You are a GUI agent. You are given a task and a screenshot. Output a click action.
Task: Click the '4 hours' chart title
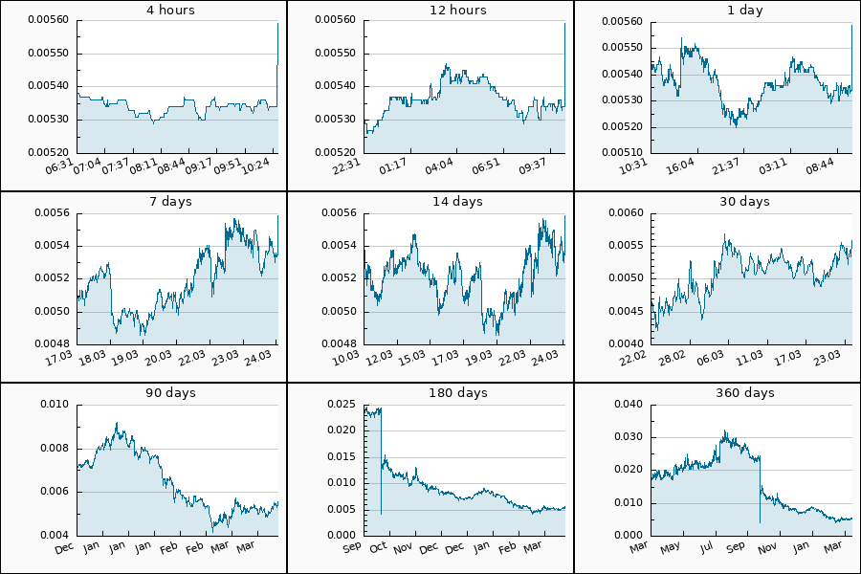click(x=143, y=11)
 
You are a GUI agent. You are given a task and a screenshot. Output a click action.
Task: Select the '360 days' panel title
click(x=717, y=393)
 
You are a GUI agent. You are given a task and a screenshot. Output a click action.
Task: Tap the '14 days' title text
click(x=430, y=202)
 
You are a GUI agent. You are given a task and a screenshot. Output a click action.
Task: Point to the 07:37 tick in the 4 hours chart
click(x=116, y=166)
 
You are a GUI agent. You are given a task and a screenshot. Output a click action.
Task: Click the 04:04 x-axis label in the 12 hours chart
click(x=439, y=166)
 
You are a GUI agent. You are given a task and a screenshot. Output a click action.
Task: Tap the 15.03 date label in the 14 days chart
click(x=411, y=357)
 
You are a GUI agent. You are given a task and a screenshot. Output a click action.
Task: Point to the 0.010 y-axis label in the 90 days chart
click(x=55, y=404)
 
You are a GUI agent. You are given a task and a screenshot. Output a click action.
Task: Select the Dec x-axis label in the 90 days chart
click(x=64, y=548)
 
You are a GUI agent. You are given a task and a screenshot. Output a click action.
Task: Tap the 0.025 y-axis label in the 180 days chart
click(x=342, y=404)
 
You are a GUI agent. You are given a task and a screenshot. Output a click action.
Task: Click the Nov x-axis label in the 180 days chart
click(x=403, y=548)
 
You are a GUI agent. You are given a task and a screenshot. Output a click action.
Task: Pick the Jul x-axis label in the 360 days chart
click(x=706, y=548)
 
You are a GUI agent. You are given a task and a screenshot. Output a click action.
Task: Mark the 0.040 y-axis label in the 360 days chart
click(x=629, y=404)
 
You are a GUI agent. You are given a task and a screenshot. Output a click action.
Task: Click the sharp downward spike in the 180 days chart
click(x=381, y=513)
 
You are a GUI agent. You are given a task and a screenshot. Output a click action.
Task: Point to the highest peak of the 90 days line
click(x=117, y=423)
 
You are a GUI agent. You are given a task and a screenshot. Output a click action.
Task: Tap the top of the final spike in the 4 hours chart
click(x=277, y=23)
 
